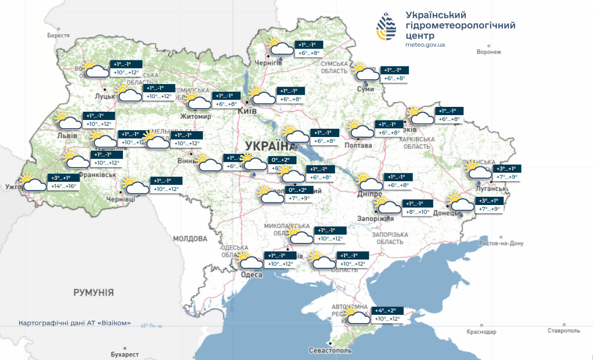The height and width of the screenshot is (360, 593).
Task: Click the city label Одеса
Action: click(252, 275)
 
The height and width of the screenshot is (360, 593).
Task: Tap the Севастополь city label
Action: click(330, 350)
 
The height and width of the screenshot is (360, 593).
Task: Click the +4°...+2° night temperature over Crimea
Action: click(384, 310)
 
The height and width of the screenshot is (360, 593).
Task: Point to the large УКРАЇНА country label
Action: click(267, 145)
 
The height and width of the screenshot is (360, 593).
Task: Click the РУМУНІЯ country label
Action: click(93, 292)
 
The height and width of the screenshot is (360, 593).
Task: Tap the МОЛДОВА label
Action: click(190, 239)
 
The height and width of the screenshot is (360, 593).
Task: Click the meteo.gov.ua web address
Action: click(425, 45)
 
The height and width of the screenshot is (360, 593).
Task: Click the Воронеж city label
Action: click(489, 52)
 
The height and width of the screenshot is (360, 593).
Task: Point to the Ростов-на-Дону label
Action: click(501, 243)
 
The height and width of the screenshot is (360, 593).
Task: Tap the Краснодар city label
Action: click(481, 332)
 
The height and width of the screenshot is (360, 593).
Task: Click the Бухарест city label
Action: click(124, 355)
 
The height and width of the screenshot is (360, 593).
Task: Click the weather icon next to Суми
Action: click(366, 73)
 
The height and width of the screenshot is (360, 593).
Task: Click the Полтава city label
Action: click(358, 145)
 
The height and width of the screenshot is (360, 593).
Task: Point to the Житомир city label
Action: click(195, 117)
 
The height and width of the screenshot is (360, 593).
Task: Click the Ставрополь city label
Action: click(564, 331)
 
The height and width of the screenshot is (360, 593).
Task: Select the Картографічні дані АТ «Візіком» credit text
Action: click(74, 323)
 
